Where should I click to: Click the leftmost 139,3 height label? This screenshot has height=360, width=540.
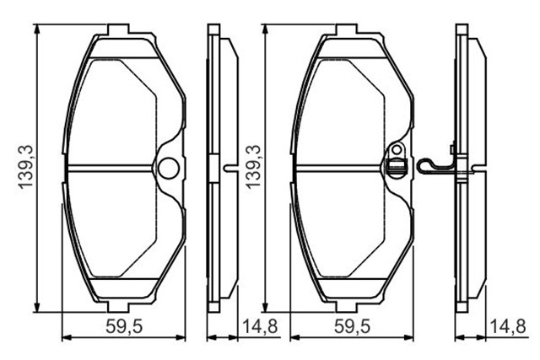point(26,166)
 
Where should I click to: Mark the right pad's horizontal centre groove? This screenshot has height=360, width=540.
point(337,166)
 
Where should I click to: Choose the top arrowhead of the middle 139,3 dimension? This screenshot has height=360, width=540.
point(265,28)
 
